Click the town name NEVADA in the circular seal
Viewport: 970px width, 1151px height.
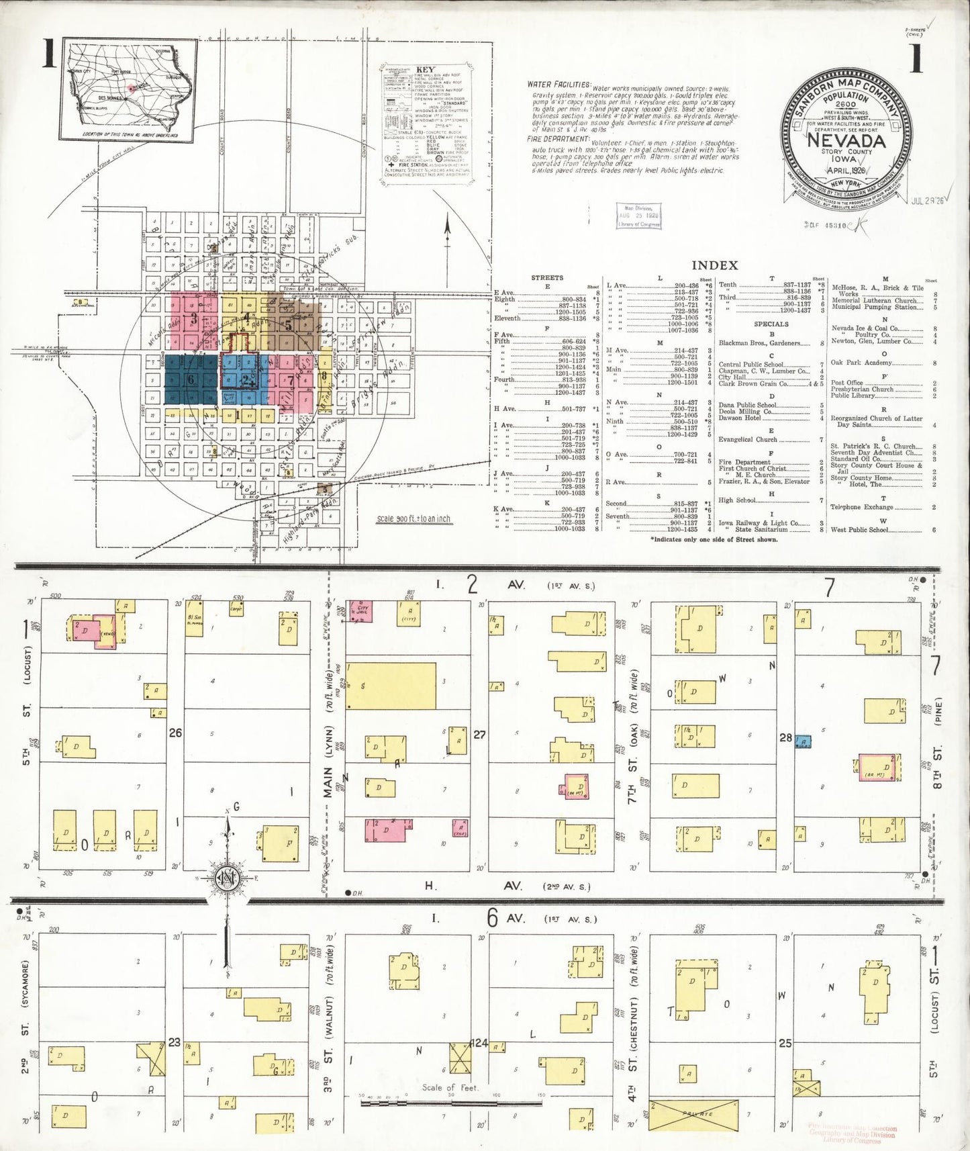[x=846, y=141]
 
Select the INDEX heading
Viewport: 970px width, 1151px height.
[x=714, y=266]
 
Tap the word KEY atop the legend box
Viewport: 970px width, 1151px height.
[x=425, y=69]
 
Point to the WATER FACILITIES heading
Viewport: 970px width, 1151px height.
[x=559, y=85]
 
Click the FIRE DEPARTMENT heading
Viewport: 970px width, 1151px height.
[x=559, y=139]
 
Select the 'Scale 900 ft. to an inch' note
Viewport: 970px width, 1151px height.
[x=414, y=519]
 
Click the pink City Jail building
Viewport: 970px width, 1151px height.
[x=360, y=611]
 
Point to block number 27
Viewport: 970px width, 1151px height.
[x=479, y=735]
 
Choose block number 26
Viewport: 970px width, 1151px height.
[x=175, y=733]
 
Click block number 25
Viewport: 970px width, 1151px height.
[x=785, y=1044]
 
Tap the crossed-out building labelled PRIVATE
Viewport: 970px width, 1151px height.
[x=693, y=1114]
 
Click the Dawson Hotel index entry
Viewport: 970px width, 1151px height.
[x=739, y=418]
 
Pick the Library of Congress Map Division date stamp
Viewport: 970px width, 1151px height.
[x=638, y=216]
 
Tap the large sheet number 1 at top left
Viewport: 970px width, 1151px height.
[x=48, y=55]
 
